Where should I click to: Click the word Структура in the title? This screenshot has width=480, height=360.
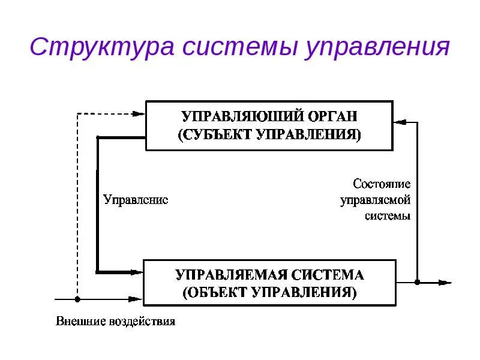[x=101, y=47]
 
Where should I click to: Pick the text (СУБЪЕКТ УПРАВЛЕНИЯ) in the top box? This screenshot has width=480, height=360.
[x=270, y=134]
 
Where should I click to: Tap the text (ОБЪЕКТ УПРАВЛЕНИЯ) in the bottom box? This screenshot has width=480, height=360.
[x=270, y=293]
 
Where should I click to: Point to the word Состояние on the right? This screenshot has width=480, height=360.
[x=382, y=184]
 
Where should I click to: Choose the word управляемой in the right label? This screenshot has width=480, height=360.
[x=376, y=200]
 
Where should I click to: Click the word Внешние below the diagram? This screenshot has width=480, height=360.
[x=81, y=321]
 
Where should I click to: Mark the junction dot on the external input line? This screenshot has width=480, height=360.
[x=77, y=298]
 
